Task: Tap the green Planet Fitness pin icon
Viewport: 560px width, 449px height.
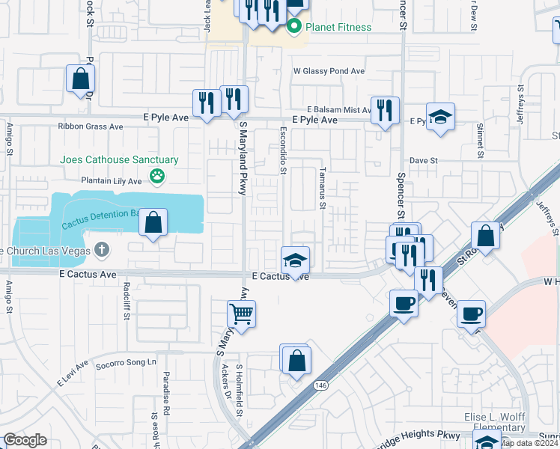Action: [x=294, y=28]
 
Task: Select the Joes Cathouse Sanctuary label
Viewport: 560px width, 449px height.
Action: [x=120, y=160]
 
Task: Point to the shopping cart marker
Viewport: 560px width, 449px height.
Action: [x=241, y=314]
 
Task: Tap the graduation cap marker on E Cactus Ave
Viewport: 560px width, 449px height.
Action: [x=295, y=260]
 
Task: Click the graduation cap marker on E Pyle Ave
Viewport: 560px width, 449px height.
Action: [x=440, y=117]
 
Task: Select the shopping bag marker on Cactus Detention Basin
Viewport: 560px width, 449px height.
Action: [x=153, y=222]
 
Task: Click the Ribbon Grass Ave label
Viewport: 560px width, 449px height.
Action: [x=91, y=126]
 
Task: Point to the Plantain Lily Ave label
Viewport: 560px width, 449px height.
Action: [x=112, y=181]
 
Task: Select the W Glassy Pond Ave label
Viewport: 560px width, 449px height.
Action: [x=329, y=71]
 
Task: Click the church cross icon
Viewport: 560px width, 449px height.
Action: [x=103, y=250]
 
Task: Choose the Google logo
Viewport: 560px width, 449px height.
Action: [x=25, y=440]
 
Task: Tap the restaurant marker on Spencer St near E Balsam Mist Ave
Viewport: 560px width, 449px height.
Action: [x=384, y=110]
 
